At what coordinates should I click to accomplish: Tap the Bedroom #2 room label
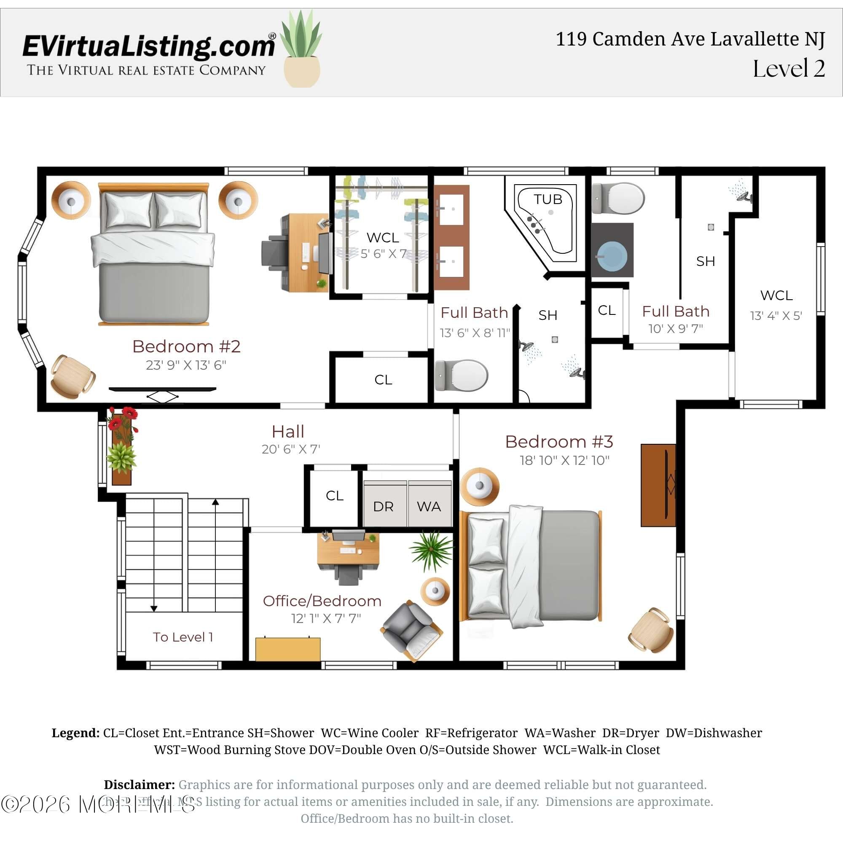[x=186, y=346]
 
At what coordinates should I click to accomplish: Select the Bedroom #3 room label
[x=559, y=442]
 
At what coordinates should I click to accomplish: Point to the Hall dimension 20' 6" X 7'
[x=290, y=449]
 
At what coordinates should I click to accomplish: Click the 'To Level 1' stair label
[x=183, y=637]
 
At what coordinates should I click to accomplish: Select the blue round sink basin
[x=612, y=257]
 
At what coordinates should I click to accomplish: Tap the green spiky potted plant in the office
[x=431, y=550]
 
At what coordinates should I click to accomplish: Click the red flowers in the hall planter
[x=123, y=419]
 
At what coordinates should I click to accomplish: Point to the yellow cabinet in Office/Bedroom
[x=287, y=649]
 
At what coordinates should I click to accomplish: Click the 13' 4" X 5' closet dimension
[x=776, y=315]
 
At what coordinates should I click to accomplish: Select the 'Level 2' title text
[x=789, y=69]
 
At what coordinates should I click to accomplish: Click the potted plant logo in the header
[x=301, y=50]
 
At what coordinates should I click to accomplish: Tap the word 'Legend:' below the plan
[x=75, y=733]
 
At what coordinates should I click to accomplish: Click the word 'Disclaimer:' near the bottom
[x=139, y=784]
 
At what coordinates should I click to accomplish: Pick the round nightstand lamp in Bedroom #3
[x=480, y=486]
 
